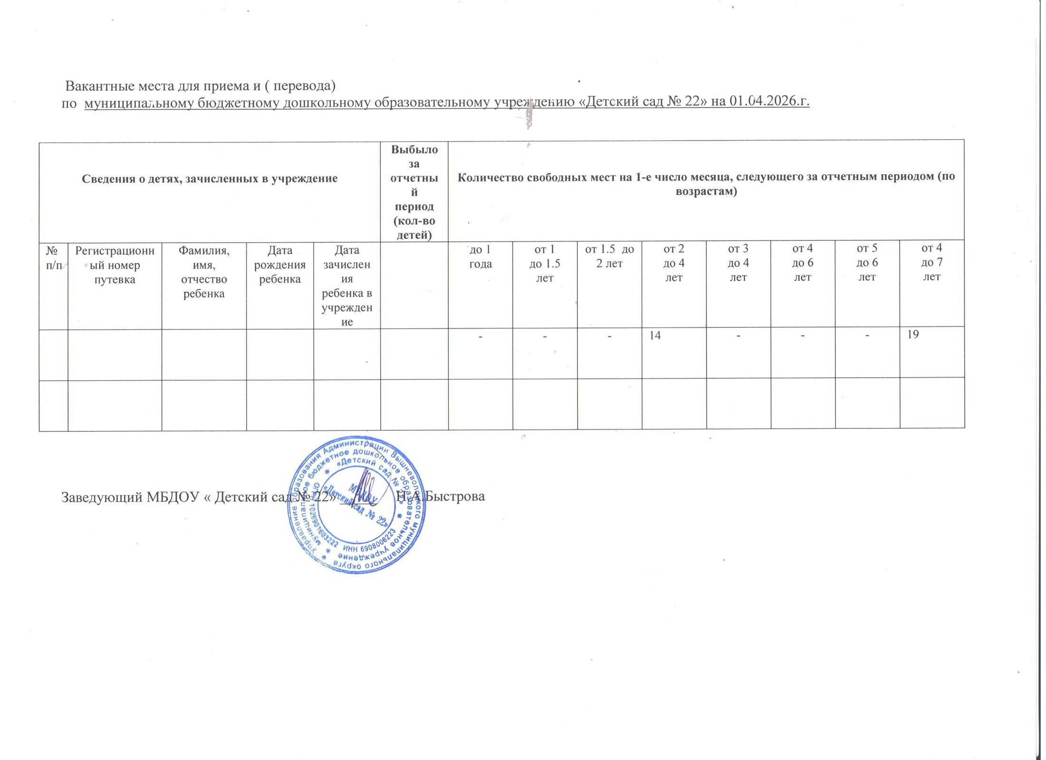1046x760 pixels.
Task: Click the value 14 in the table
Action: tap(655, 336)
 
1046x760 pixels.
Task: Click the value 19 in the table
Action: tap(912, 334)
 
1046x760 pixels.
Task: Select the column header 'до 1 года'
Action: tap(480, 256)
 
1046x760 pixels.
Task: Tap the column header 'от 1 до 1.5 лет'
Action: tap(545, 263)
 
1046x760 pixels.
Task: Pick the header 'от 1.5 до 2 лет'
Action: tap(609, 256)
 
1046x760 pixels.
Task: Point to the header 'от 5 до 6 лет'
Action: tap(867, 263)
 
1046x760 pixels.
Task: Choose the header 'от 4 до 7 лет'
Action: tap(931, 262)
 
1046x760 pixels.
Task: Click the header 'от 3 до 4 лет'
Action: tap(738, 263)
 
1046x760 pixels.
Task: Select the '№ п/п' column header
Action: tap(54, 258)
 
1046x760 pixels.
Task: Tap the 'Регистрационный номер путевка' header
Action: tap(115, 265)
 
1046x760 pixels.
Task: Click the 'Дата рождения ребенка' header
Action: tap(280, 265)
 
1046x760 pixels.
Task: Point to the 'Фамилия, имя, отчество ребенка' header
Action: tap(204, 272)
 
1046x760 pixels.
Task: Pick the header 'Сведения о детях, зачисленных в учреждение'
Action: tap(210, 179)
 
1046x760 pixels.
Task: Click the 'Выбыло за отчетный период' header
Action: tap(414, 192)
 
